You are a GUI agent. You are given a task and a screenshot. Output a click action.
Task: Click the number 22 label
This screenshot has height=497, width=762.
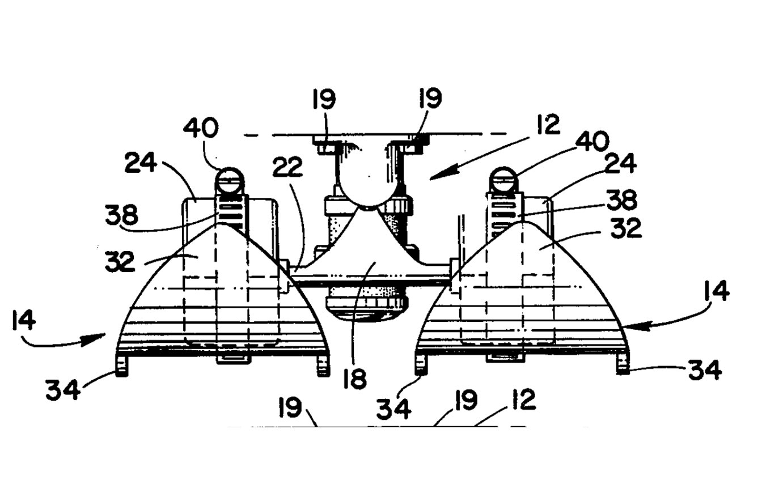[287, 167]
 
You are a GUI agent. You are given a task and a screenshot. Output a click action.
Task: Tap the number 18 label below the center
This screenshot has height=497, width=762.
[355, 379]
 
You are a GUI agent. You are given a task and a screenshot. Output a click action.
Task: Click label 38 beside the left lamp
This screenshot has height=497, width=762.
[121, 215]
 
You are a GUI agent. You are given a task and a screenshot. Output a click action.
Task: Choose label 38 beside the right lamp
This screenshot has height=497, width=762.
[621, 201]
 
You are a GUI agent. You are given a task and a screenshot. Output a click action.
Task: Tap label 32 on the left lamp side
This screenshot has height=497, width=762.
[120, 262]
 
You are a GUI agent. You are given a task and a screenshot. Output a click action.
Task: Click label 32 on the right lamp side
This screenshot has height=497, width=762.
[626, 228]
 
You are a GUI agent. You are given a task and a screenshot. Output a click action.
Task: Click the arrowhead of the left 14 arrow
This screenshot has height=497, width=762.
[96, 339]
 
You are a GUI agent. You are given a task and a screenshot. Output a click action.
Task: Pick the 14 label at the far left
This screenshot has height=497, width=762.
[24, 321]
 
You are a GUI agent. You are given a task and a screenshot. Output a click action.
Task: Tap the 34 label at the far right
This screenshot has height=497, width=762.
[705, 371]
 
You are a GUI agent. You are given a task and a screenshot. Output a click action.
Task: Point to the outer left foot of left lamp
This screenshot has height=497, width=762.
[122, 366]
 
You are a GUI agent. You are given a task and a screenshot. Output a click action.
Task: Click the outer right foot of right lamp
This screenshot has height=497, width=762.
[623, 364]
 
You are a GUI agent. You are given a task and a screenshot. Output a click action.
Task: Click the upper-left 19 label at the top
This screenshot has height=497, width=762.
[324, 99]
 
